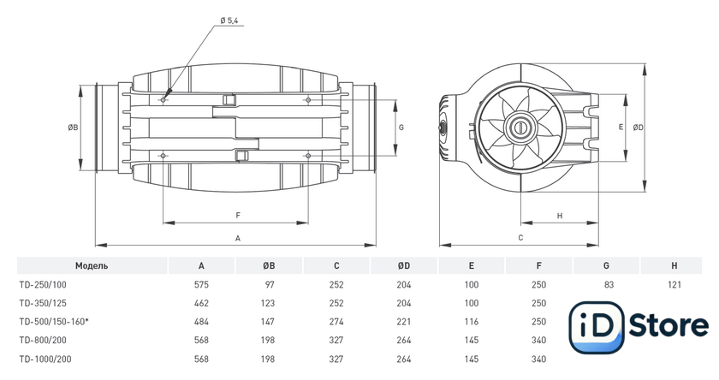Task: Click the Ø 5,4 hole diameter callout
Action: (229, 21)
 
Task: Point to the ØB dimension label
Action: (73, 128)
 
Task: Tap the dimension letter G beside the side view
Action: (401, 128)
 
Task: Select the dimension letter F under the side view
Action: (238, 215)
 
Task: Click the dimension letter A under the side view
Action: (238, 238)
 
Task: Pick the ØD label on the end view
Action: (639, 128)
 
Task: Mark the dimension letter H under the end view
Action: (560, 216)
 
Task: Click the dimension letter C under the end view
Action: (520, 237)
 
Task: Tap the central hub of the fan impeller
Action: (520, 128)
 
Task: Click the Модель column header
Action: (92, 266)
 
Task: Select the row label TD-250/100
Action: (43, 285)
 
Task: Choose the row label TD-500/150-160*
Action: (54, 322)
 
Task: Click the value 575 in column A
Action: (201, 285)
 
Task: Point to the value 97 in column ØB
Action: (270, 285)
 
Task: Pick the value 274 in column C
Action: (336, 322)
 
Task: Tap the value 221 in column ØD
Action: (403, 322)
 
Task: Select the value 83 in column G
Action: (609, 285)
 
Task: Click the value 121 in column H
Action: (674, 285)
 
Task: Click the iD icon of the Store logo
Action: (597, 327)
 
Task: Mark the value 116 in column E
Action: (472, 322)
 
